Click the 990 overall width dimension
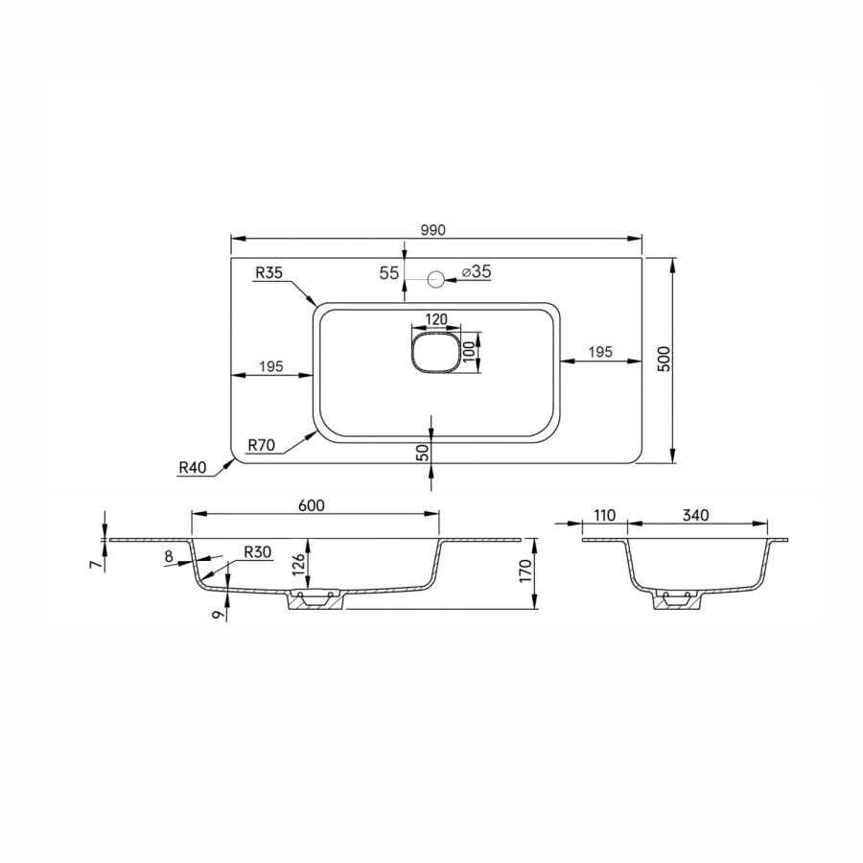tap(433, 230)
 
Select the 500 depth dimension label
tap(665, 359)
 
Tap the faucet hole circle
tap(436, 280)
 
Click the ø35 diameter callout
tap(477, 271)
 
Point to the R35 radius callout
tap(269, 272)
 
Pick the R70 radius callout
tap(262, 445)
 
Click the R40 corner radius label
tap(193, 468)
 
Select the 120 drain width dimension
tap(436, 319)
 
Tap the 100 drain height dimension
tap(468, 352)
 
